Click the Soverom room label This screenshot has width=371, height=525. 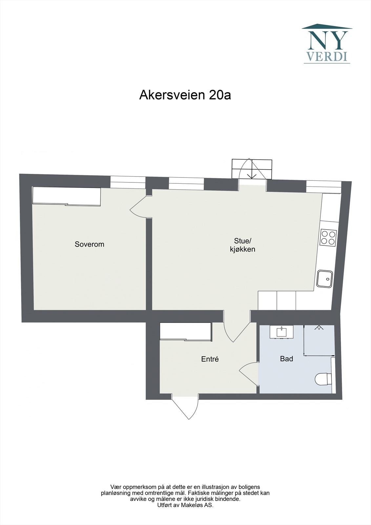click(x=89, y=244)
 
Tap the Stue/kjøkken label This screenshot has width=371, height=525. click(x=242, y=245)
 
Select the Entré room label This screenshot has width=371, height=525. click(x=210, y=359)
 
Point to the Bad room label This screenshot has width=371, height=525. click(x=286, y=359)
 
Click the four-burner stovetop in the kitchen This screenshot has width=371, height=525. click(x=328, y=238)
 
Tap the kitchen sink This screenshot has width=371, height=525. click(x=325, y=279)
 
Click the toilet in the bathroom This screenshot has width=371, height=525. click(x=323, y=379)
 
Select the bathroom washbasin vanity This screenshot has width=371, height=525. click(x=282, y=332)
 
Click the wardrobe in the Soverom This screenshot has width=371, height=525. click(x=67, y=196)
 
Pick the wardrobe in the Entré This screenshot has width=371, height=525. click(x=185, y=331)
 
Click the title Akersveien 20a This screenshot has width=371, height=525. click(x=185, y=95)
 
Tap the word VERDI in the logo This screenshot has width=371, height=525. click(x=326, y=56)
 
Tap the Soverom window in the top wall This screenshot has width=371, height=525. click(x=128, y=182)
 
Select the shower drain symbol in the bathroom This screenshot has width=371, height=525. click(x=318, y=327)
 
